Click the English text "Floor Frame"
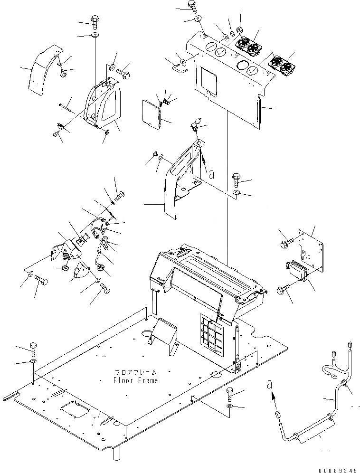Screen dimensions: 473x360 [135, 380]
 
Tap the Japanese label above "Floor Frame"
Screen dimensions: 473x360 [135, 372]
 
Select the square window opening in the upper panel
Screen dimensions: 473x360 [208, 78]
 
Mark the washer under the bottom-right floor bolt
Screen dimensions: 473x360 [230, 407]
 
